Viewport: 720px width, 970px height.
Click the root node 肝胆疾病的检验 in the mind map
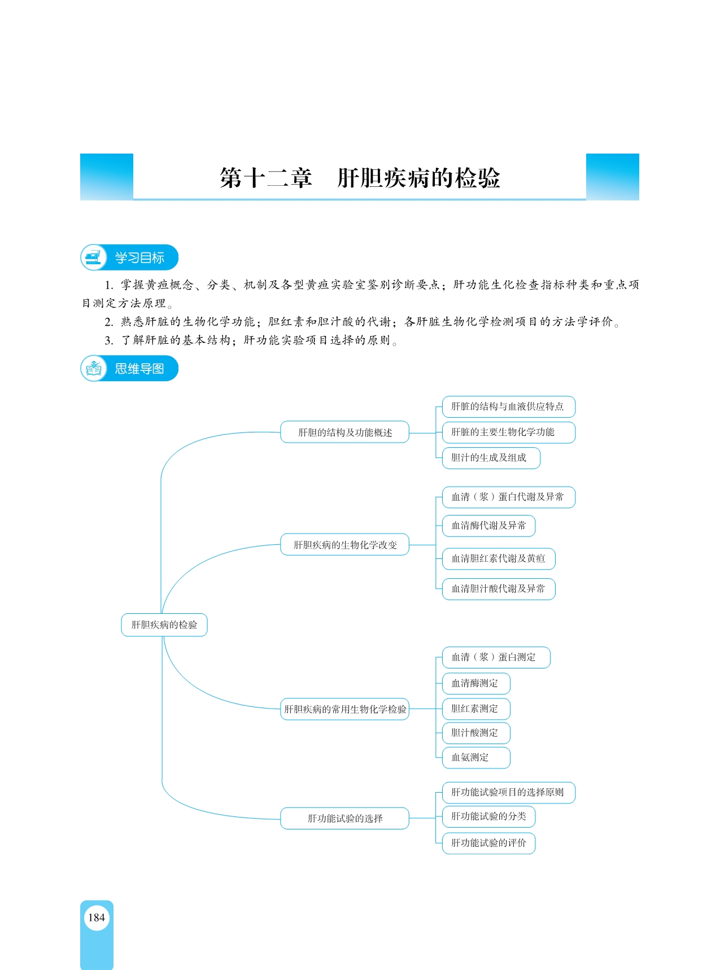click(x=164, y=625)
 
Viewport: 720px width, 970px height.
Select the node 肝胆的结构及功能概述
click(x=344, y=432)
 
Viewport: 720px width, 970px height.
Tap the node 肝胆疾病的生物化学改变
click(x=344, y=545)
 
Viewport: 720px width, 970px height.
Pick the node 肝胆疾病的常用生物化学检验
click(x=344, y=709)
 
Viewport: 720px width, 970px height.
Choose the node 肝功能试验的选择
click(x=344, y=819)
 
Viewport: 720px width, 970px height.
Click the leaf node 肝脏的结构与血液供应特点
click(x=508, y=407)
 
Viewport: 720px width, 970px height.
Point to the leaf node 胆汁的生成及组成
click(x=491, y=458)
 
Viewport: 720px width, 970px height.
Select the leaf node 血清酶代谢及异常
click(x=488, y=526)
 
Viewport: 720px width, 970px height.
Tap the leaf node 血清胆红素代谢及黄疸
click(x=499, y=559)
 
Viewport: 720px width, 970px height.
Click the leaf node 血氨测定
click(x=476, y=758)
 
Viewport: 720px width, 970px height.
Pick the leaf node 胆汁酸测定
click(x=476, y=733)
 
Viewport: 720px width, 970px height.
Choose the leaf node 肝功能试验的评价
click(x=488, y=844)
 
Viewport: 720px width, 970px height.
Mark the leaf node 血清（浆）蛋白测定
click(x=496, y=657)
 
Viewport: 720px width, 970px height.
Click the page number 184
click(x=97, y=917)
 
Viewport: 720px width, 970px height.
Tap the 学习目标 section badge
click(x=129, y=257)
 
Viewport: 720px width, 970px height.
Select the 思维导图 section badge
click(x=129, y=369)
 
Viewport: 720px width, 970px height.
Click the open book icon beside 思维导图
click(x=94, y=369)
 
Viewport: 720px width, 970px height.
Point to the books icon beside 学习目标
click(x=94, y=257)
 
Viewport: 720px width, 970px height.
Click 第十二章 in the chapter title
click(x=266, y=178)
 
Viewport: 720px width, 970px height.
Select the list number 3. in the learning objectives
click(x=109, y=340)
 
